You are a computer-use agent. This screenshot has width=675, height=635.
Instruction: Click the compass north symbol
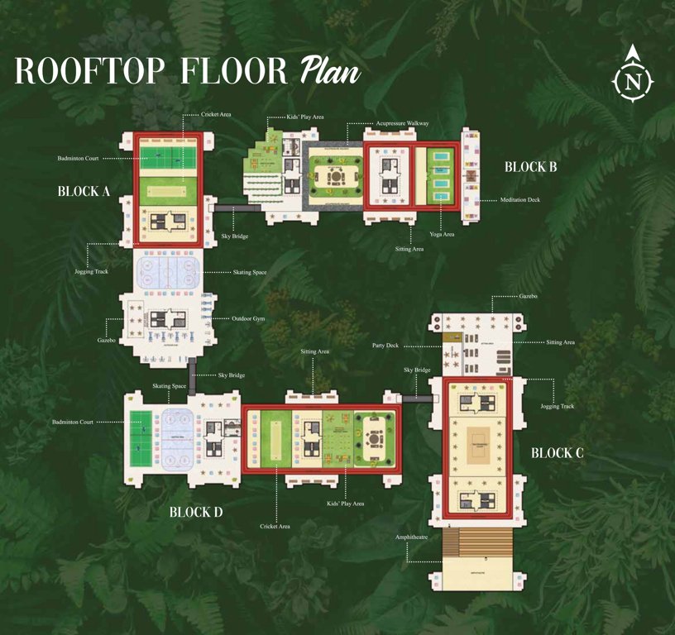[x=634, y=80]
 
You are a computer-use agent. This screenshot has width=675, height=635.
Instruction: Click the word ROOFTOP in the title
[x=91, y=71]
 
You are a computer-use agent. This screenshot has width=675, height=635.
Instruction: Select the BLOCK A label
[x=84, y=191]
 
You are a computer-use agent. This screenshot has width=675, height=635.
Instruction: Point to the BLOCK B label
[x=531, y=167]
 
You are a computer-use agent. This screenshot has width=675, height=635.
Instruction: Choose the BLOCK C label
[x=558, y=452]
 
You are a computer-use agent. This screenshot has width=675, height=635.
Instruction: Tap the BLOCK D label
[x=196, y=512]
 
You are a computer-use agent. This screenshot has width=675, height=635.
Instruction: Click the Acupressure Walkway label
[x=402, y=123]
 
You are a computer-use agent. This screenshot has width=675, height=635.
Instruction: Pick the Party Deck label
[x=386, y=346]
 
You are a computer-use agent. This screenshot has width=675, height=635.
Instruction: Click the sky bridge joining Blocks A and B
[x=226, y=209]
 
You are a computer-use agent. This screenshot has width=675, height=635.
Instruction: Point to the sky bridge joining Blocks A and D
[x=192, y=376]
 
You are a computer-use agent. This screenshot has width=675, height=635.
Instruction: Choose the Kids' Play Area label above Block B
[x=305, y=117]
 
